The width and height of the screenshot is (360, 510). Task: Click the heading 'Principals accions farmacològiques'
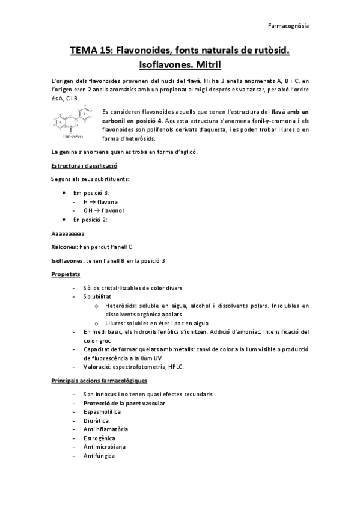coord(100,380)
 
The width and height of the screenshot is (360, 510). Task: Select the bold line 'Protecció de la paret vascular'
coord(124,403)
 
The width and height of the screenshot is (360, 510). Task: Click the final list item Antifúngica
coord(100,456)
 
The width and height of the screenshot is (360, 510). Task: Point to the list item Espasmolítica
coord(102,412)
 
